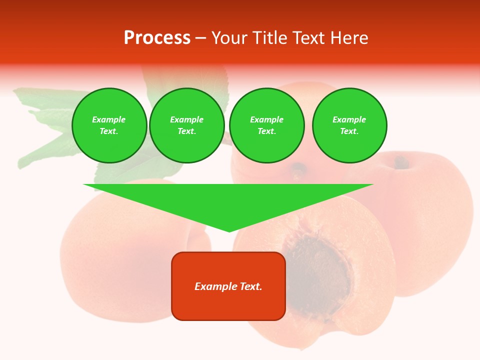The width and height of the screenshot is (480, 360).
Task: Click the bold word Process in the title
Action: click(157, 38)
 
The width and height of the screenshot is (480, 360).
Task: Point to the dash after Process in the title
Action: click(200, 38)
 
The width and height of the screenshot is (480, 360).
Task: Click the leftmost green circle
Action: click(109, 125)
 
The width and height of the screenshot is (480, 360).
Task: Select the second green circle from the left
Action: click(187, 125)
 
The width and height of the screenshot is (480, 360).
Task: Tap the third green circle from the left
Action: click(267, 125)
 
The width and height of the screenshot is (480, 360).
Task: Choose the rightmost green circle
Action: click(349, 125)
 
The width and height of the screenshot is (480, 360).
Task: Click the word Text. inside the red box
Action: click(251, 286)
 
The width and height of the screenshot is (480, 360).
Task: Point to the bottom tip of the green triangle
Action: click(229, 231)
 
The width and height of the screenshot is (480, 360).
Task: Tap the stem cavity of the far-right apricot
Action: click(400, 162)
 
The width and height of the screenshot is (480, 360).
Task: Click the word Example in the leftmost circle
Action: click(109, 119)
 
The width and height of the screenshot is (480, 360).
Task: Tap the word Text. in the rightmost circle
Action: click(349, 131)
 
